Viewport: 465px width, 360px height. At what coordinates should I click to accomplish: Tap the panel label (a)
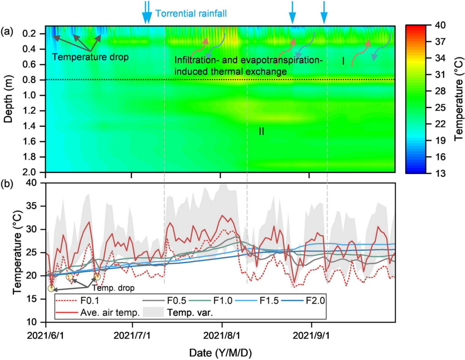7,31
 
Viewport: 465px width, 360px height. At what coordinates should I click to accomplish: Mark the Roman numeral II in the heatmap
261,131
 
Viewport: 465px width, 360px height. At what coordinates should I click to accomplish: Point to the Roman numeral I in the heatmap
343,61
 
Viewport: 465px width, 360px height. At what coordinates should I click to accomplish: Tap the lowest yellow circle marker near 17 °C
51,288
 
